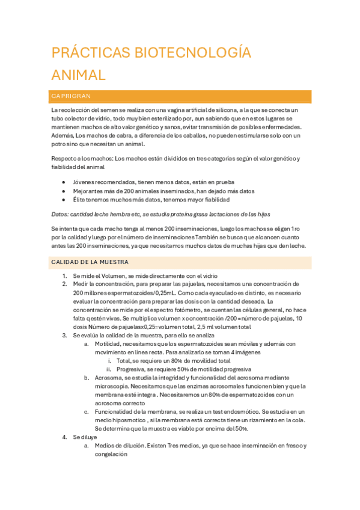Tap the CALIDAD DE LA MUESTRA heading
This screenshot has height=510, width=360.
[90, 262]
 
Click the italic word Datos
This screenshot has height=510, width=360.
[59, 214]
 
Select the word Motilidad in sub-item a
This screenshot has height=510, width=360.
[108, 343]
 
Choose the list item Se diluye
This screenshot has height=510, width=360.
[85, 437]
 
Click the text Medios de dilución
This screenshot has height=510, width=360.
[120, 446]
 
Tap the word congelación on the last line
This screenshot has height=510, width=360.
[111, 455]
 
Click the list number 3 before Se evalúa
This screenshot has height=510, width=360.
[64, 335]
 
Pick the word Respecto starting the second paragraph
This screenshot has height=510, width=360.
[64, 159]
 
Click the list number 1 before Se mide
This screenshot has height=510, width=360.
[64, 275]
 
